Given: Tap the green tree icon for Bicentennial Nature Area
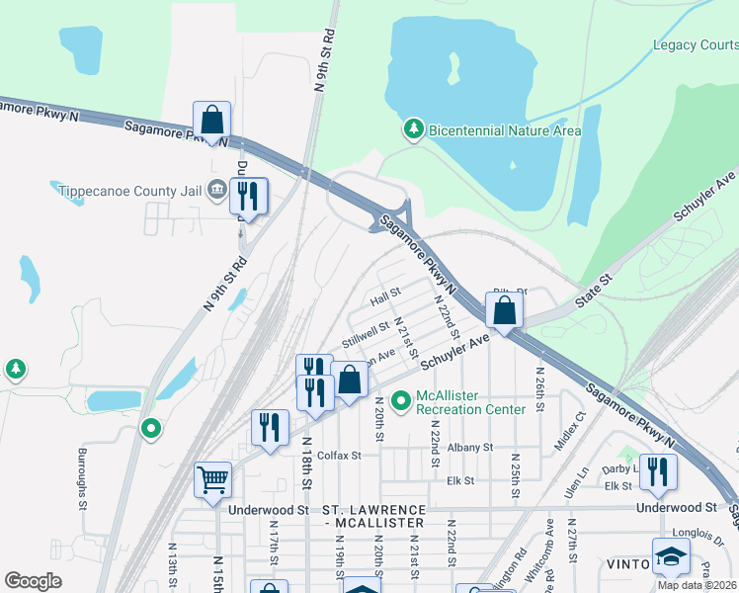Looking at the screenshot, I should pyautogui.click(x=413, y=129).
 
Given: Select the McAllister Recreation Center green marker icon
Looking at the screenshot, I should pyautogui.click(x=400, y=401).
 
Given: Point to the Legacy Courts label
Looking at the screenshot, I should pyautogui.click(x=695, y=44).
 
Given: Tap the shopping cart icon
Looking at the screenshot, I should pyautogui.click(x=212, y=480).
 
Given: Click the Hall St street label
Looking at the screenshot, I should pyautogui.click(x=384, y=294).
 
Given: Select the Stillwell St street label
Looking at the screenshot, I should pyautogui.click(x=366, y=334).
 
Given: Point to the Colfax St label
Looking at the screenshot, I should pyautogui.click(x=341, y=456).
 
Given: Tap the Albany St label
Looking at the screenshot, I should pyautogui.click(x=469, y=448).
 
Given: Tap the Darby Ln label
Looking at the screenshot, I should pyautogui.click(x=619, y=468).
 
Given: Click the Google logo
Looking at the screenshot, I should pyautogui.click(x=33, y=581).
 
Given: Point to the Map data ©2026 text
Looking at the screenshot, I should pyautogui.click(x=697, y=585).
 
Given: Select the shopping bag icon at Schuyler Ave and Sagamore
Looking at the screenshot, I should pyautogui.click(x=504, y=310).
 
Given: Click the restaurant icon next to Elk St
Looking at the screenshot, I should pyautogui.click(x=657, y=473).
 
